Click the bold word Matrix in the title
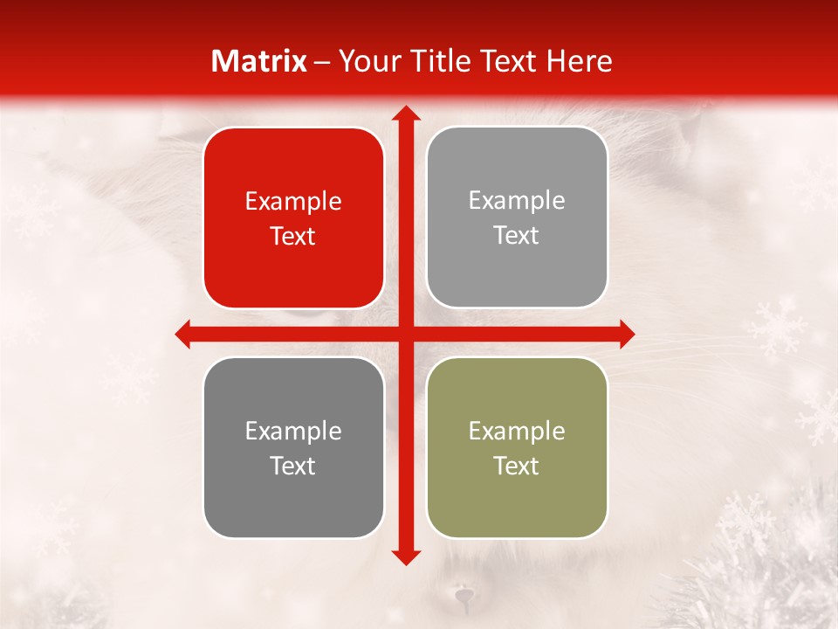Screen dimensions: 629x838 [x=259, y=61]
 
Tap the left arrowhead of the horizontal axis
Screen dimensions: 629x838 [x=182, y=334]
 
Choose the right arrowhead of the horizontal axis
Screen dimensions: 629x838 [x=627, y=334]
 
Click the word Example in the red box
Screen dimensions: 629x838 [x=293, y=202]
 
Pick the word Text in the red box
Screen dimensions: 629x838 [x=293, y=237]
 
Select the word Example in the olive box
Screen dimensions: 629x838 [x=517, y=431]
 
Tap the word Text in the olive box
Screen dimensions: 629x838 [x=517, y=466]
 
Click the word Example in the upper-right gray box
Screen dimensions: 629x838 [x=517, y=201]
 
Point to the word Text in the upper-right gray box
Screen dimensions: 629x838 [x=517, y=236]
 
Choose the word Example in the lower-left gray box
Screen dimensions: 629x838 [x=293, y=431]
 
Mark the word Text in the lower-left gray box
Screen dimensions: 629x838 [x=293, y=466]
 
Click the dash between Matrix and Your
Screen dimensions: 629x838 [x=322, y=62]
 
